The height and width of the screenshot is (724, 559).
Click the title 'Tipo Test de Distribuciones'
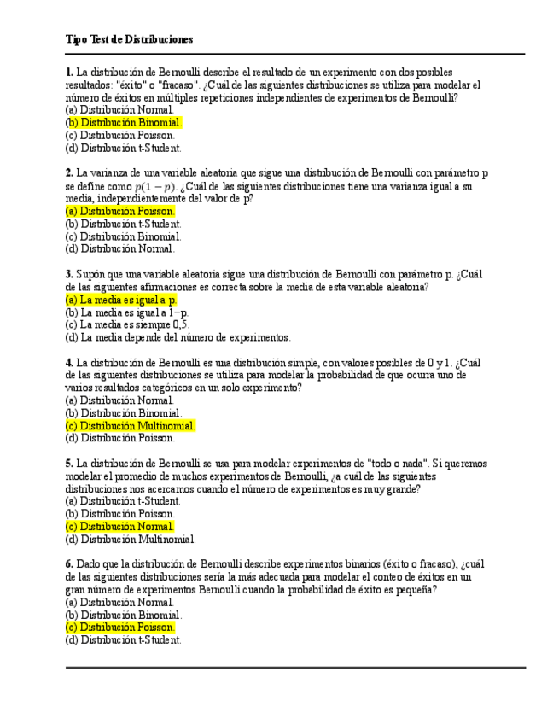tap(129, 39)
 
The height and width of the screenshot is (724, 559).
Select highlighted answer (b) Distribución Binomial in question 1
tap(124, 122)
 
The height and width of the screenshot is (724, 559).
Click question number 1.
tap(68, 73)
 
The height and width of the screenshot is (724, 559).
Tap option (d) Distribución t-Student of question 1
tap(123, 148)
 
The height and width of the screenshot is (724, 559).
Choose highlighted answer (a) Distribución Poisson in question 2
tap(120, 211)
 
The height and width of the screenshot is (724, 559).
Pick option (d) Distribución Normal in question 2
tap(119, 249)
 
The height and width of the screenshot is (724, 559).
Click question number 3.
tap(68, 274)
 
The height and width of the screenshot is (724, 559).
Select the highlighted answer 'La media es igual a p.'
tap(121, 300)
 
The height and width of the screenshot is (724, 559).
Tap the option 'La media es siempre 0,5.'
tap(127, 324)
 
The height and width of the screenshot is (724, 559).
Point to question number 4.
tap(68, 362)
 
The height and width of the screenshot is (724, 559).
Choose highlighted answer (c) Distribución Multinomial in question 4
tap(131, 425)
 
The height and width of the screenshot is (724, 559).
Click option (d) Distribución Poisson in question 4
tap(119, 438)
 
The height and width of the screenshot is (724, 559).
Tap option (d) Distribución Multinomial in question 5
tap(131, 539)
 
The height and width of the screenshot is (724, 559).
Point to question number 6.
tap(68, 564)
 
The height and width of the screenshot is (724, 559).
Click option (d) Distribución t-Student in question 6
tap(123, 639)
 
